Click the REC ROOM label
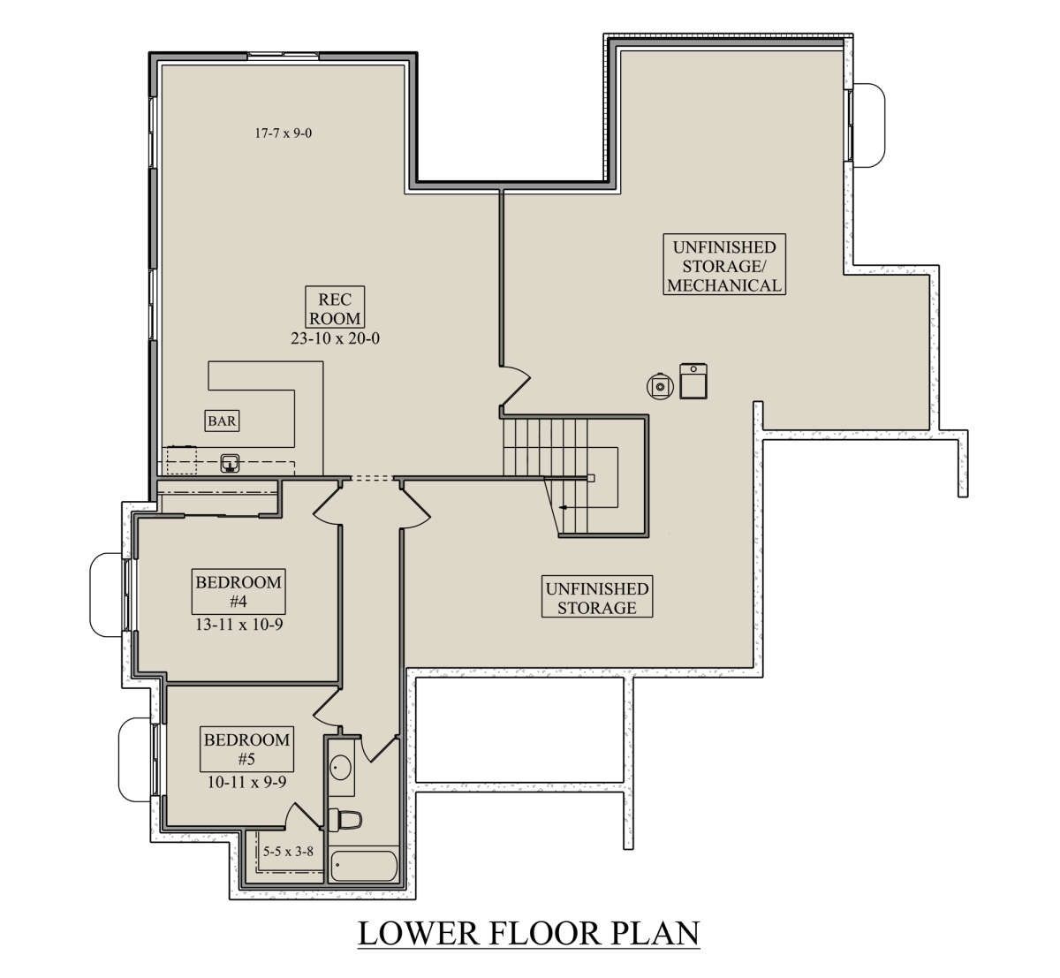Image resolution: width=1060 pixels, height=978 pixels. pos(335,308)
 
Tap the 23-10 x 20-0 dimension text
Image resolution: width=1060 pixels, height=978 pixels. pos(335,338)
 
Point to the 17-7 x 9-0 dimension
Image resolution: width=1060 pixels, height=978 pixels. pos(283,133)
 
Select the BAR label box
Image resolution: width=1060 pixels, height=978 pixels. pos(222,421)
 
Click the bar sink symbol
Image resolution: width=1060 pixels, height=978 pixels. pos(230,463)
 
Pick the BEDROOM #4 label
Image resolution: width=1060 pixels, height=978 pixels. pos(238,592)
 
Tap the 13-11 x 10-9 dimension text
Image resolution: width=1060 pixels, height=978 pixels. pos(239,625)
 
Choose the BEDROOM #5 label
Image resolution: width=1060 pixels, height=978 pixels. pos(246,749)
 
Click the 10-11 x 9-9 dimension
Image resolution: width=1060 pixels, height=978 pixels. pos(246,782)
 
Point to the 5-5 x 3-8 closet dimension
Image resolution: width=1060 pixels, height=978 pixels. pos(288,852)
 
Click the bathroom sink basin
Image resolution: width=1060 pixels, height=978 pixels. pos(340,769)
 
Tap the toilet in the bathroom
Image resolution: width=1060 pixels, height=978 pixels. pos(344,820)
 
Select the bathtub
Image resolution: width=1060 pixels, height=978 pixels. pos(364,867)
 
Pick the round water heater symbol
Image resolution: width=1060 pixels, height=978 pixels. pos(660,386)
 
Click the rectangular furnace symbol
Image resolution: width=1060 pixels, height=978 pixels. pos(693,381)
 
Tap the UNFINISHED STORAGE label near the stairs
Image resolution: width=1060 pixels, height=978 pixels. pos(597,597)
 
